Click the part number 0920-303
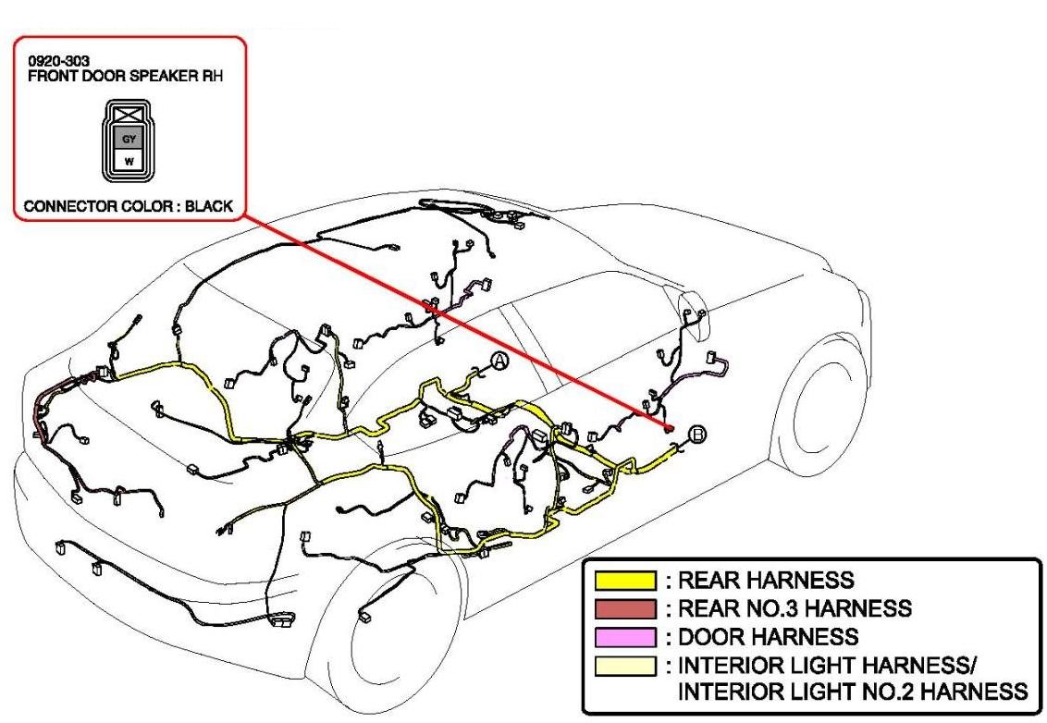click(52, 62)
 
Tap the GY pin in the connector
click(129, 139)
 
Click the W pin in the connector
click(129, 160)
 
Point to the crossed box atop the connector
click(129, 116)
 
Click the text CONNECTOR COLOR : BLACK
click(129, 206)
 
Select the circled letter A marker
click(499, 361)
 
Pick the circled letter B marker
click(698, 433)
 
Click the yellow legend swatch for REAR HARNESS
click(624, 582)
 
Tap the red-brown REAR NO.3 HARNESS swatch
click(624, 609)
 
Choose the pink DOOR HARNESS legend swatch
click(624, 637)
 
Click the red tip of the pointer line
click(668, 427)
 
